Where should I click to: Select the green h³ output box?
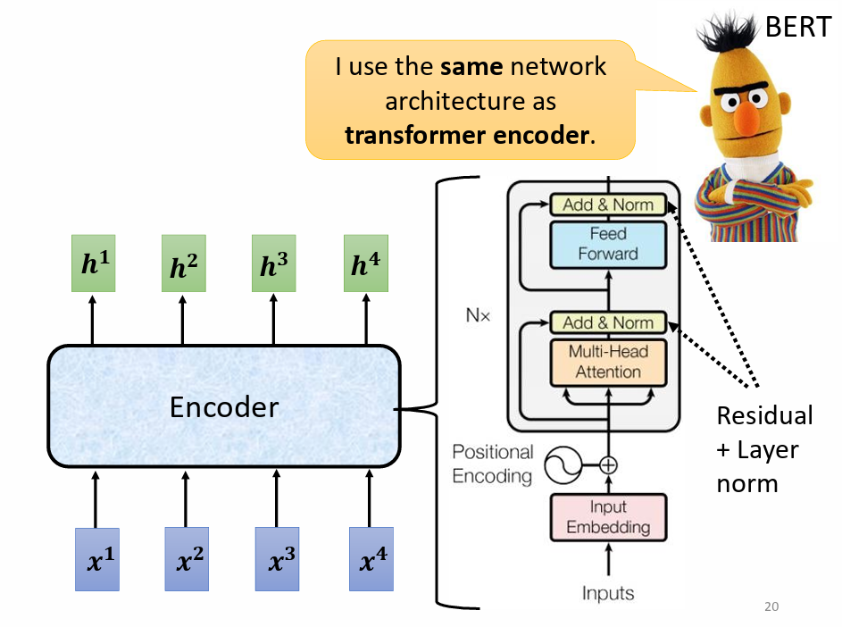[x=274, y=263]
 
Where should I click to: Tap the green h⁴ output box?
[x=366, y=263]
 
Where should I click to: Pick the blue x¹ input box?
[x=96, y=560]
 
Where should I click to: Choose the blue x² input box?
[x=187, y=560]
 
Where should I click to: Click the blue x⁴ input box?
[x=370, y=560]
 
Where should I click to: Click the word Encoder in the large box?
[x=224, y=407]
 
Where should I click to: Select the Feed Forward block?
[x=608, y=244]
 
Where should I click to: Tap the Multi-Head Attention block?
[x=608, y=362]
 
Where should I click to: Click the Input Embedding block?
[x=608, y=517]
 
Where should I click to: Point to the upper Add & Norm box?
[x=608, y=205]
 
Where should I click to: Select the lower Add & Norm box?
[x=608, y=322]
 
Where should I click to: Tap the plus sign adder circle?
[x=608, y=464]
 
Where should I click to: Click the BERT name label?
[x=797, y=28]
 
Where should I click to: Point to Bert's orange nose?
[x=748, y=126]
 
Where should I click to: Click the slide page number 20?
[x=771, y=607]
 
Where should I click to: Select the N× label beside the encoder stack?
[x=478, y=315]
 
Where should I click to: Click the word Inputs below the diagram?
[x=608, y=592]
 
